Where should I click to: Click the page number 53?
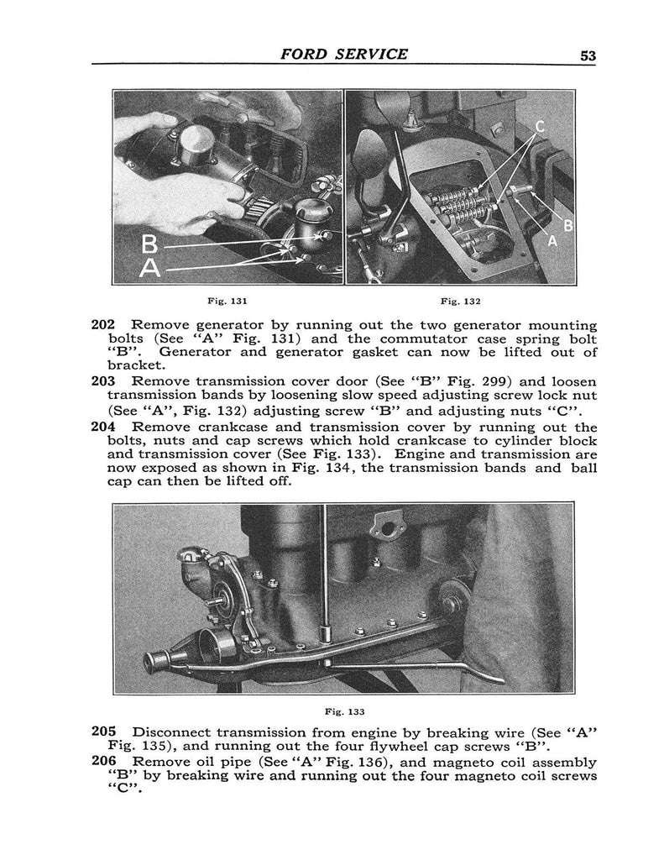point(587,55)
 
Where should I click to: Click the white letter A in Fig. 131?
point(152,269)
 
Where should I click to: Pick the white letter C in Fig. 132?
point(541,130)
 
